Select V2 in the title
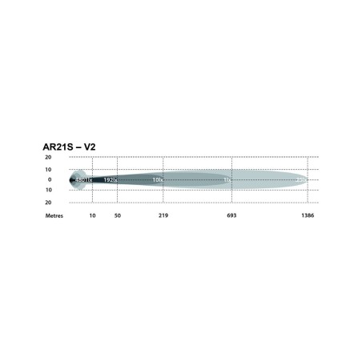point(103,147)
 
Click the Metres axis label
point(54,216)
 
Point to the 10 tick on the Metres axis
point(92,216)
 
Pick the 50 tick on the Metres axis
point(118,216)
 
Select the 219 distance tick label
point(163,216)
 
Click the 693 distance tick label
point(231,216)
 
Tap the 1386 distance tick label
point(308,216)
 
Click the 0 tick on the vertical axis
point(50,180)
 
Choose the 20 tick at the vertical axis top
point(48,159)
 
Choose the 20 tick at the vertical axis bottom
point(48,202)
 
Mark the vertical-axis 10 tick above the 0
point(48,169)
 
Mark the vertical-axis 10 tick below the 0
point(48,191)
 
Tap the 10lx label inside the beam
point(158,181)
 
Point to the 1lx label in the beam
point(227,181)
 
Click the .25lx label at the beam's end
point(301,181)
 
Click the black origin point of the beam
point(71,180)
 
